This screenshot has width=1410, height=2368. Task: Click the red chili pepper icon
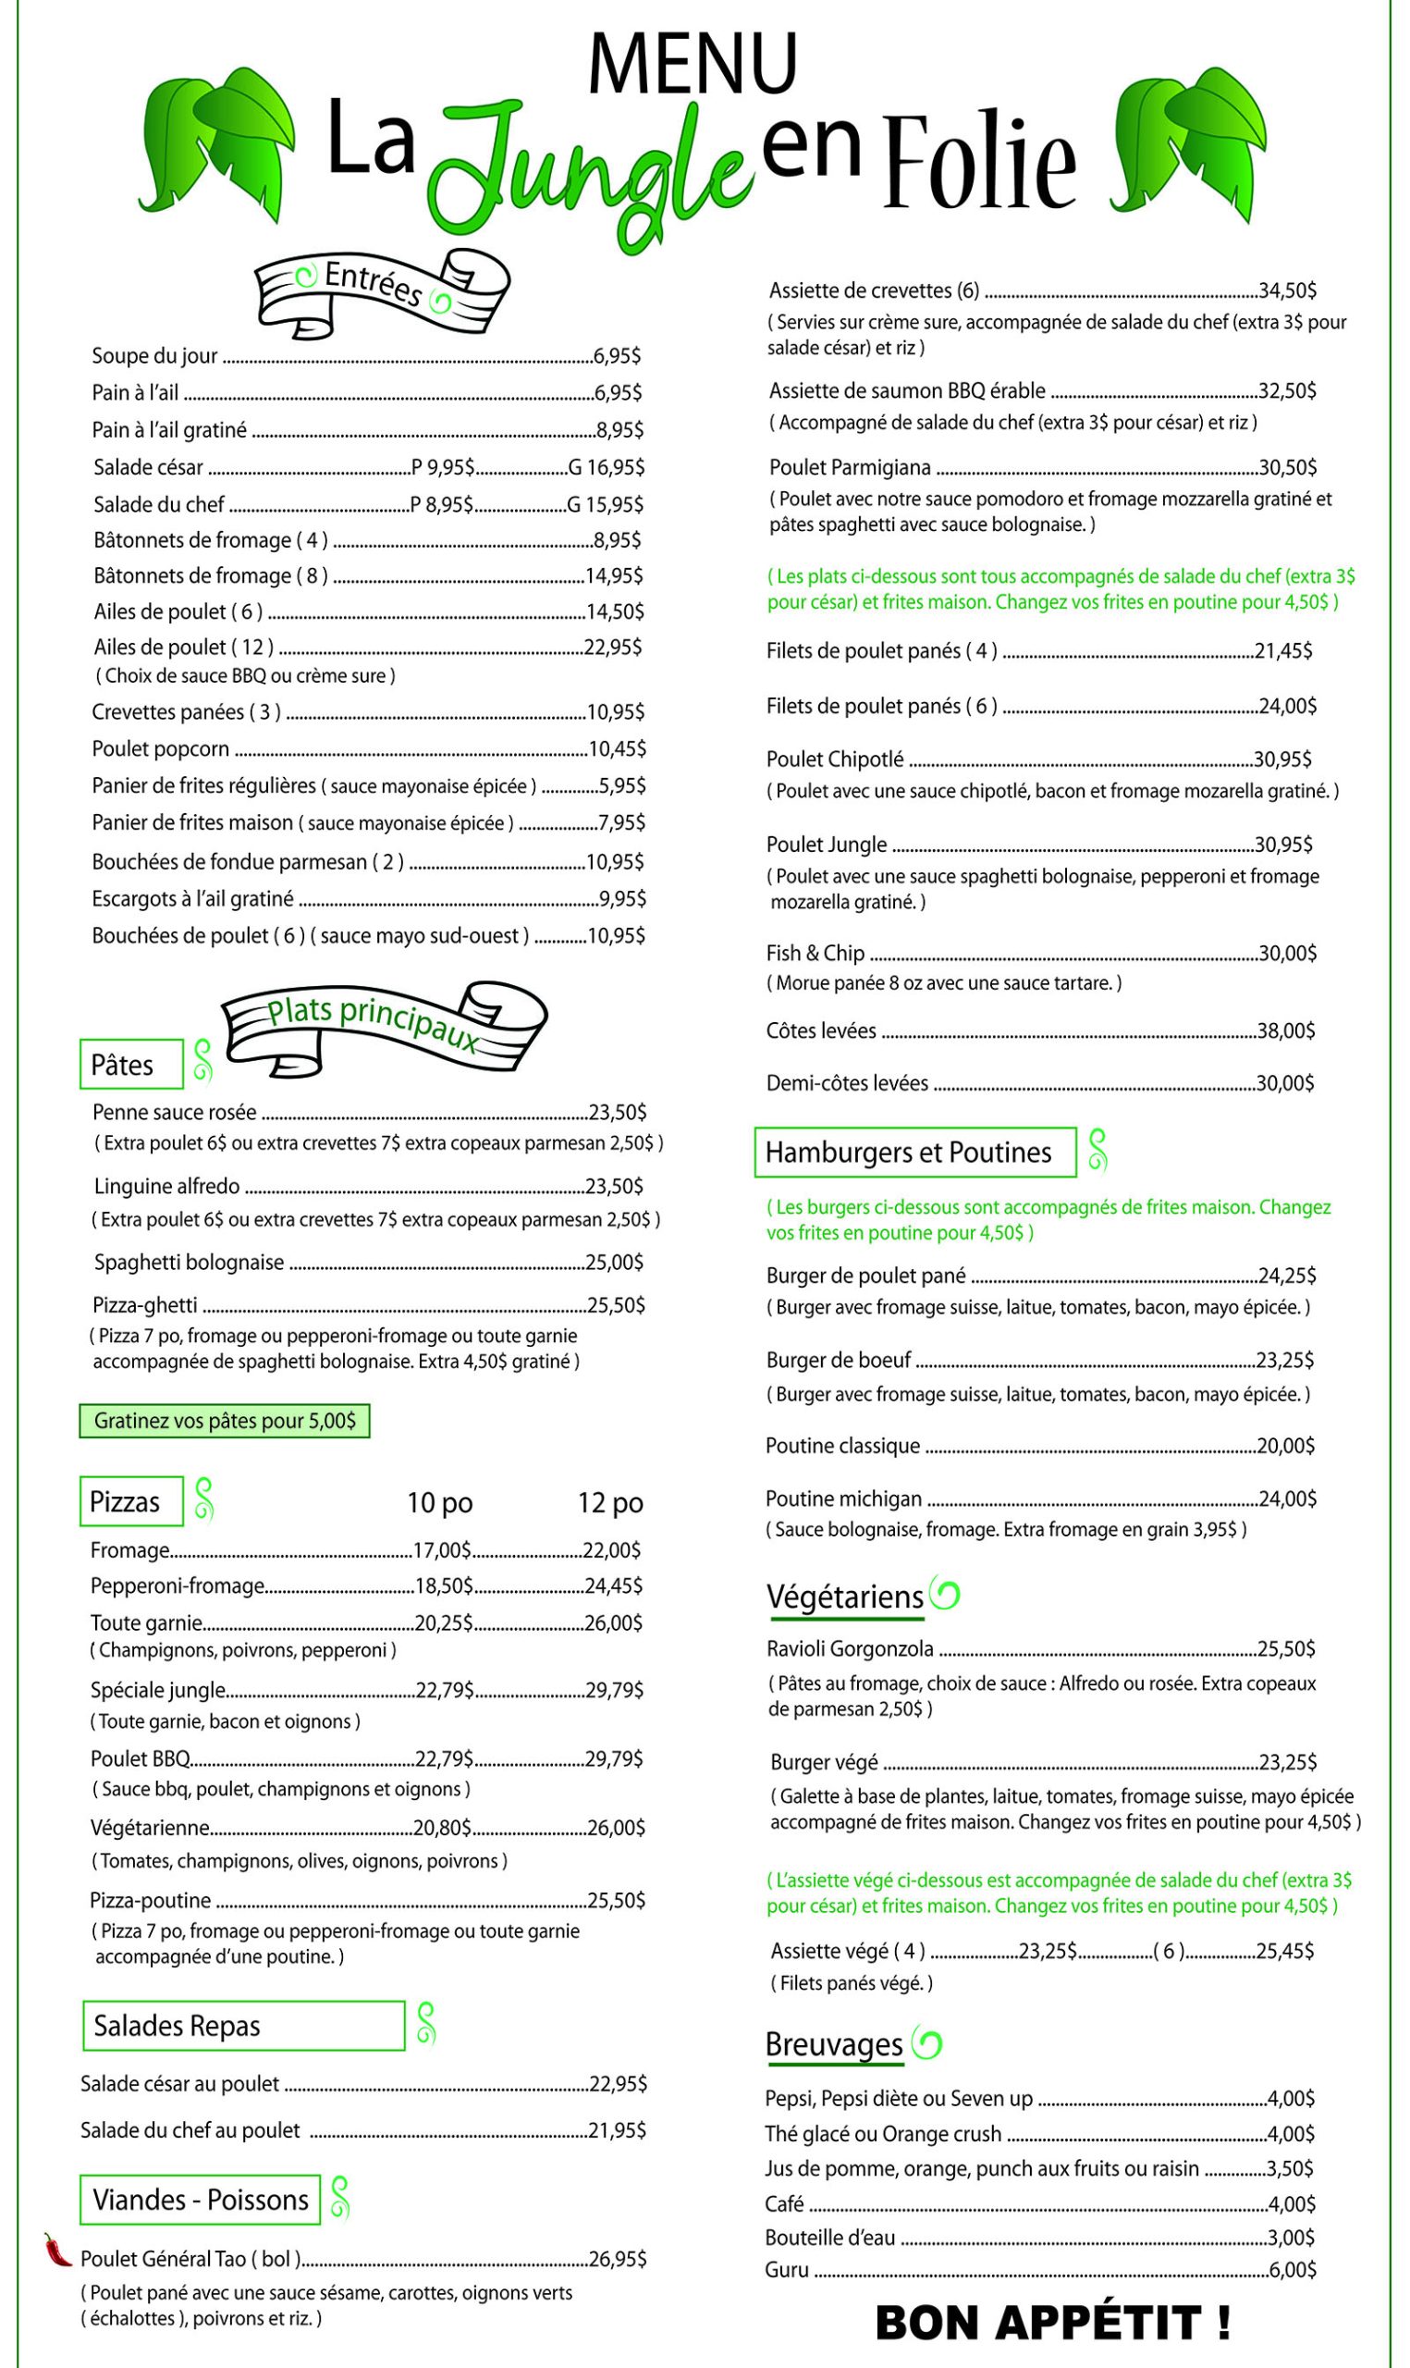(57, 2250)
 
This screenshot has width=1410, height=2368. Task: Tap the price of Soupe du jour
(617, 356)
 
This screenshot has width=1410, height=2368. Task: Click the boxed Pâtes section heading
(130, 1066)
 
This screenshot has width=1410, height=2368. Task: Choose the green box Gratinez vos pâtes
(225, 1422)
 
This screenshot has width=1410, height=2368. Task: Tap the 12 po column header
(610, 1502)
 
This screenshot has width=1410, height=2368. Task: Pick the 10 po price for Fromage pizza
(442, 1551)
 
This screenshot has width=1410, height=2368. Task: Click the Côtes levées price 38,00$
(1285, 1031)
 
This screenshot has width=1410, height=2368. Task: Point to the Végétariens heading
(845, 1597)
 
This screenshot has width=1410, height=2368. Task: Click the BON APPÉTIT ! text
(1053, 2323)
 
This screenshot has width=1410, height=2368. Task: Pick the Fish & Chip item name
(815, 953)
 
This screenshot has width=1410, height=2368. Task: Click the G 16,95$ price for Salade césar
(606, 467)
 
